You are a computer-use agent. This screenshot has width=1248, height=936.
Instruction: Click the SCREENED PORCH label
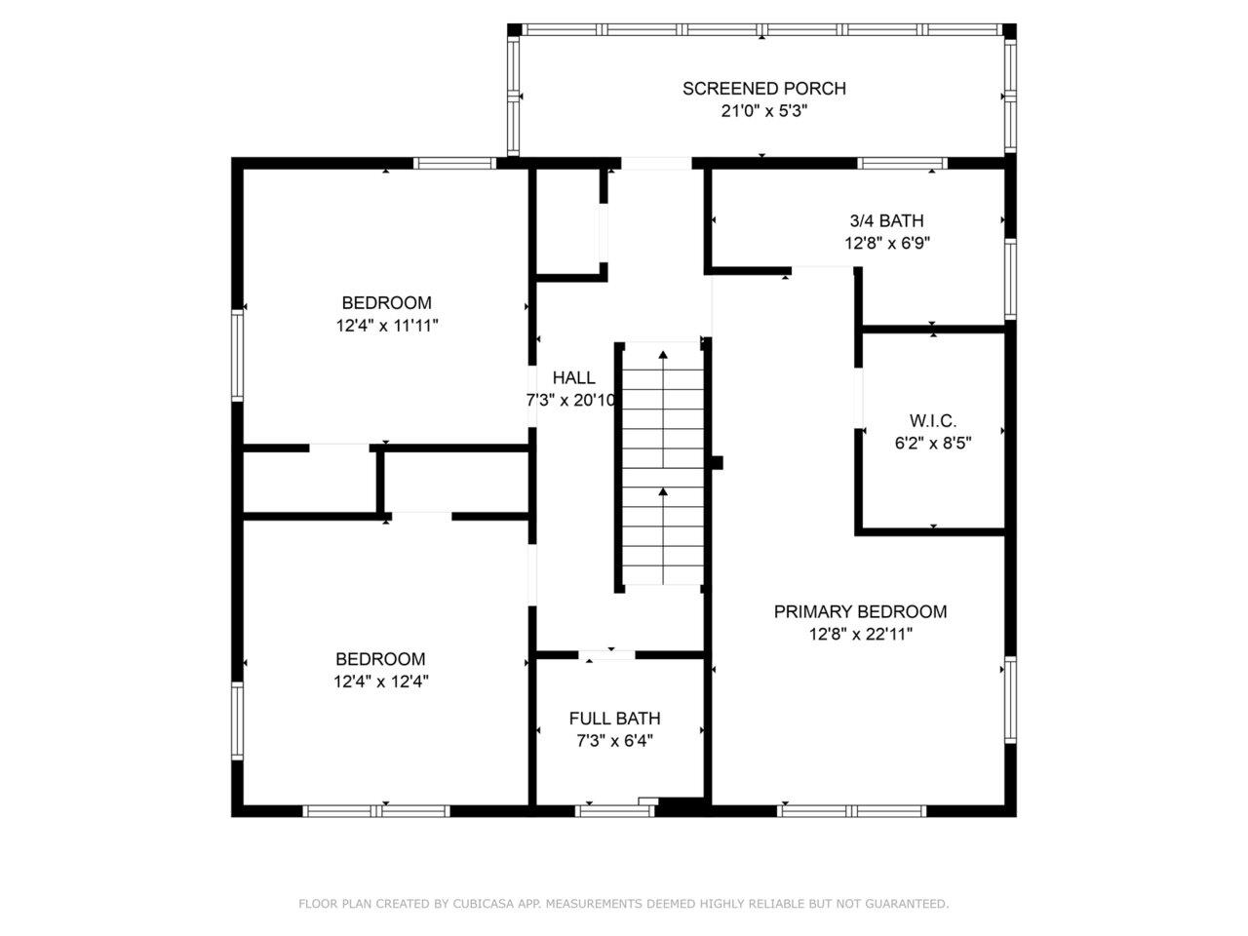(763, 89)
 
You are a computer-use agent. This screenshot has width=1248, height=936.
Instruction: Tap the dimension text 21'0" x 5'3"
(763, 111)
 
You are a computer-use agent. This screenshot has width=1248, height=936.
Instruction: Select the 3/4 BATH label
(886, 220)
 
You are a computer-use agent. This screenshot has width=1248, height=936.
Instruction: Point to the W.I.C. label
(932, 421)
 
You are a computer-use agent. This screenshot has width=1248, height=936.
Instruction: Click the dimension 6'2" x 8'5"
(932, 443)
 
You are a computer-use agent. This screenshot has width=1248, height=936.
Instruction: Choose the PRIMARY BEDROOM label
(860, 611)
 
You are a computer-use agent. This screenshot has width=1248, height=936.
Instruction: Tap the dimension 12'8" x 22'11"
(860, 634)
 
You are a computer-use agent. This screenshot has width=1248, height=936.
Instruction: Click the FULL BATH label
(614, 719)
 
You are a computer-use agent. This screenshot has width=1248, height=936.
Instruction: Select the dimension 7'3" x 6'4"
(614, 740)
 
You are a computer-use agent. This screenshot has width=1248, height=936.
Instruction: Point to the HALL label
(573, 378)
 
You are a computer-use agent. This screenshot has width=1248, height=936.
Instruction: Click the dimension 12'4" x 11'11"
(386, 326)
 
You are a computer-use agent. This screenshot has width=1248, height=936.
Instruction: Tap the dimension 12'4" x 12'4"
(380, 682)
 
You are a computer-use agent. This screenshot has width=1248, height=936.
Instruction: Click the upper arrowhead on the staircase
(663, 356)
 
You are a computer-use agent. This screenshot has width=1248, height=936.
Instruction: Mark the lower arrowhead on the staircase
(663, 493)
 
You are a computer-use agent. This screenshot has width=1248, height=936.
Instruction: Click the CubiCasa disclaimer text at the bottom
(623, 904)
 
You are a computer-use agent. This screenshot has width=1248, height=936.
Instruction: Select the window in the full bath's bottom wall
(614, 810)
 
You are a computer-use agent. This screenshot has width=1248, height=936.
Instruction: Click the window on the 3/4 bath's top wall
(902, 163)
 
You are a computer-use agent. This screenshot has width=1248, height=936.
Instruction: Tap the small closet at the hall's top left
(567, 222)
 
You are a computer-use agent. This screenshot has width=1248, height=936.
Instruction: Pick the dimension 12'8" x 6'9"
(886, 243)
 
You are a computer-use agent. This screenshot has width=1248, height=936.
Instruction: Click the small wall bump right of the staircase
(718, 463)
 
